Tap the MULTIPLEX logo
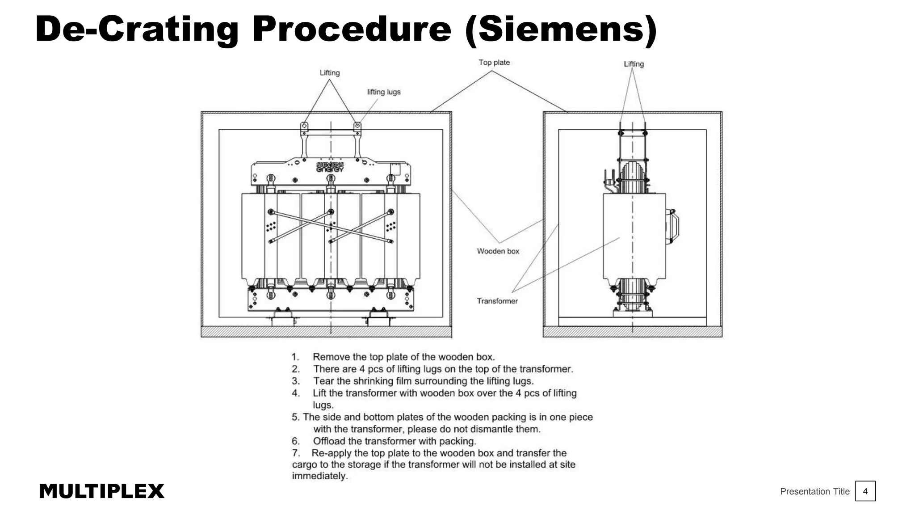[101, 491]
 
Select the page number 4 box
[865, 491]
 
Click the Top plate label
[494, 63]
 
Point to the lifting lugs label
[384, 92]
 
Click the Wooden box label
[498, 251]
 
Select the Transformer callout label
[497, 301]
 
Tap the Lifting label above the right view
[634, 64]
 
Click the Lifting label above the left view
[329, 73]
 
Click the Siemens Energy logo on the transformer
[330, 167]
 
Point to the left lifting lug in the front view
[304, 126]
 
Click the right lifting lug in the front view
[357, 126]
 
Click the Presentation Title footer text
[814, 491]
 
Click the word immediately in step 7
[319, 476]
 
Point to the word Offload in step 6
[329, 441]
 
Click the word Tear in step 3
[323, 381]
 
